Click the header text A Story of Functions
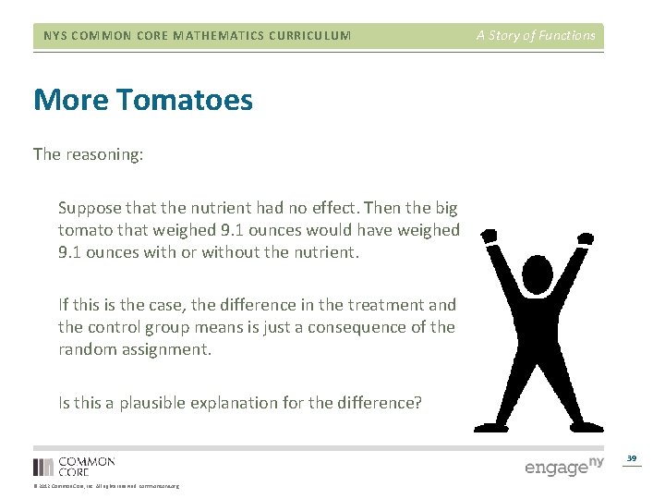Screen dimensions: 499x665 (536, 36)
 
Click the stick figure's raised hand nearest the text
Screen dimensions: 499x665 (490, 237)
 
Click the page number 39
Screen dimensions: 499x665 (632, 458)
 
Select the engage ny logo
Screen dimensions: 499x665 (563, 467)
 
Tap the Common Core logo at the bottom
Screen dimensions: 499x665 (74, 466)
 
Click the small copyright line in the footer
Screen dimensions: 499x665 (106, 486)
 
